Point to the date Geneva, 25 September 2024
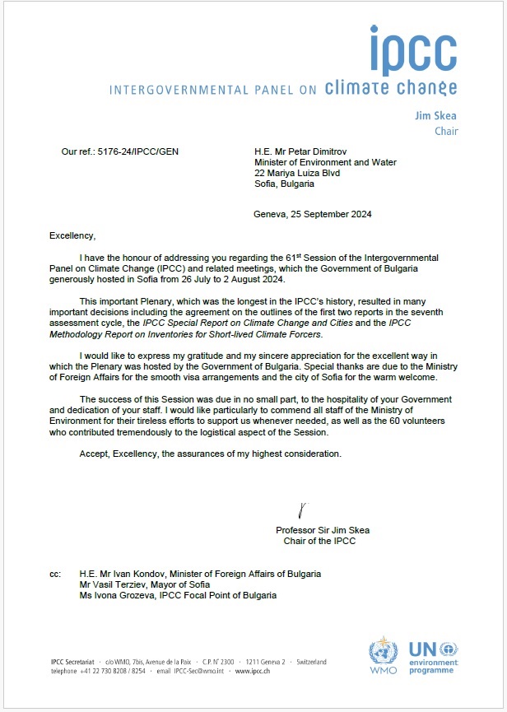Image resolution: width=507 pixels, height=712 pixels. [x=312, y=215]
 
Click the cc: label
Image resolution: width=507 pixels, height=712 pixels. [x=55, y=574]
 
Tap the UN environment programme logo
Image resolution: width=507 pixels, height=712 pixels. [x=434, y=657]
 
